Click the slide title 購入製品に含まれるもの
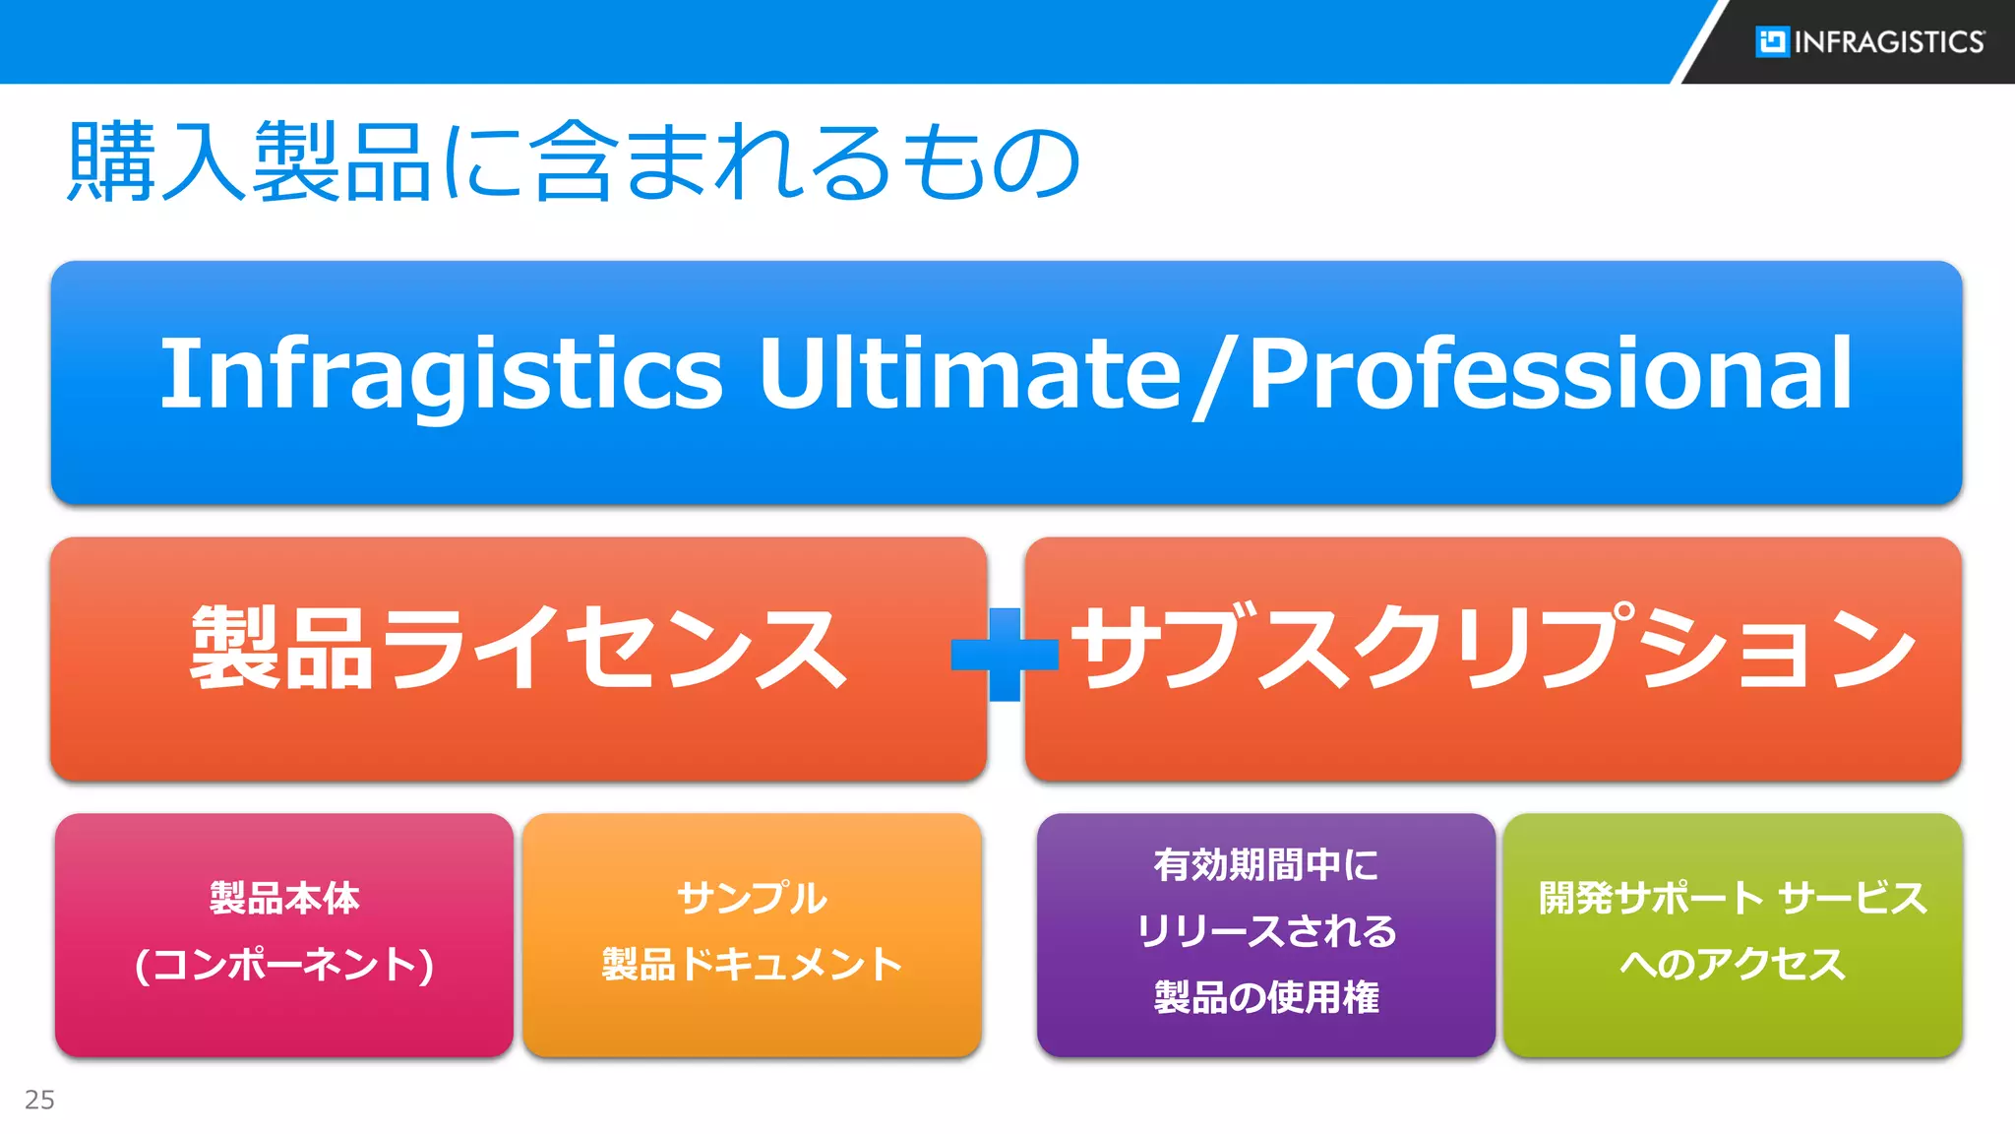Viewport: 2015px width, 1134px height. (574, 162)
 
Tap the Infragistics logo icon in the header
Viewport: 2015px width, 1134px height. (1772, 41)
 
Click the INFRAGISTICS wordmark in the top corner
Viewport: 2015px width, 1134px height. (1889, 42)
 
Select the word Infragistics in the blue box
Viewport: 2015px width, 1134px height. (442, 374)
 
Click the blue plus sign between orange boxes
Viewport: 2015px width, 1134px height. (1005, 655)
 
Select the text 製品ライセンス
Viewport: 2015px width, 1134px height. (519, 649)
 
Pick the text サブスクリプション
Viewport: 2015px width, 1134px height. (1493, 649)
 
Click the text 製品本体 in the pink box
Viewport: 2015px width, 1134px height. (284, 898)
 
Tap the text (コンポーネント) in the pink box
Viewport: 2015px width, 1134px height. (284, 965)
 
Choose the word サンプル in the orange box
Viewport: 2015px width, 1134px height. (752, 898)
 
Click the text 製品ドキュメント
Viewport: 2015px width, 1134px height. (752, 965)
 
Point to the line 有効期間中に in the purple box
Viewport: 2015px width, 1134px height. (1266, 865)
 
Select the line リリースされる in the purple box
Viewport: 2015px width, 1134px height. (1266, 931)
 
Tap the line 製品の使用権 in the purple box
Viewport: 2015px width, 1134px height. (1266, 997)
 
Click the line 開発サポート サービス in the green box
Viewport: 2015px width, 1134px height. (1733, 898)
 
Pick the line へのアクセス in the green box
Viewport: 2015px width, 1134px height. (1733, 965)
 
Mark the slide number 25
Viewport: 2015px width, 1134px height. (39, 1100)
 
